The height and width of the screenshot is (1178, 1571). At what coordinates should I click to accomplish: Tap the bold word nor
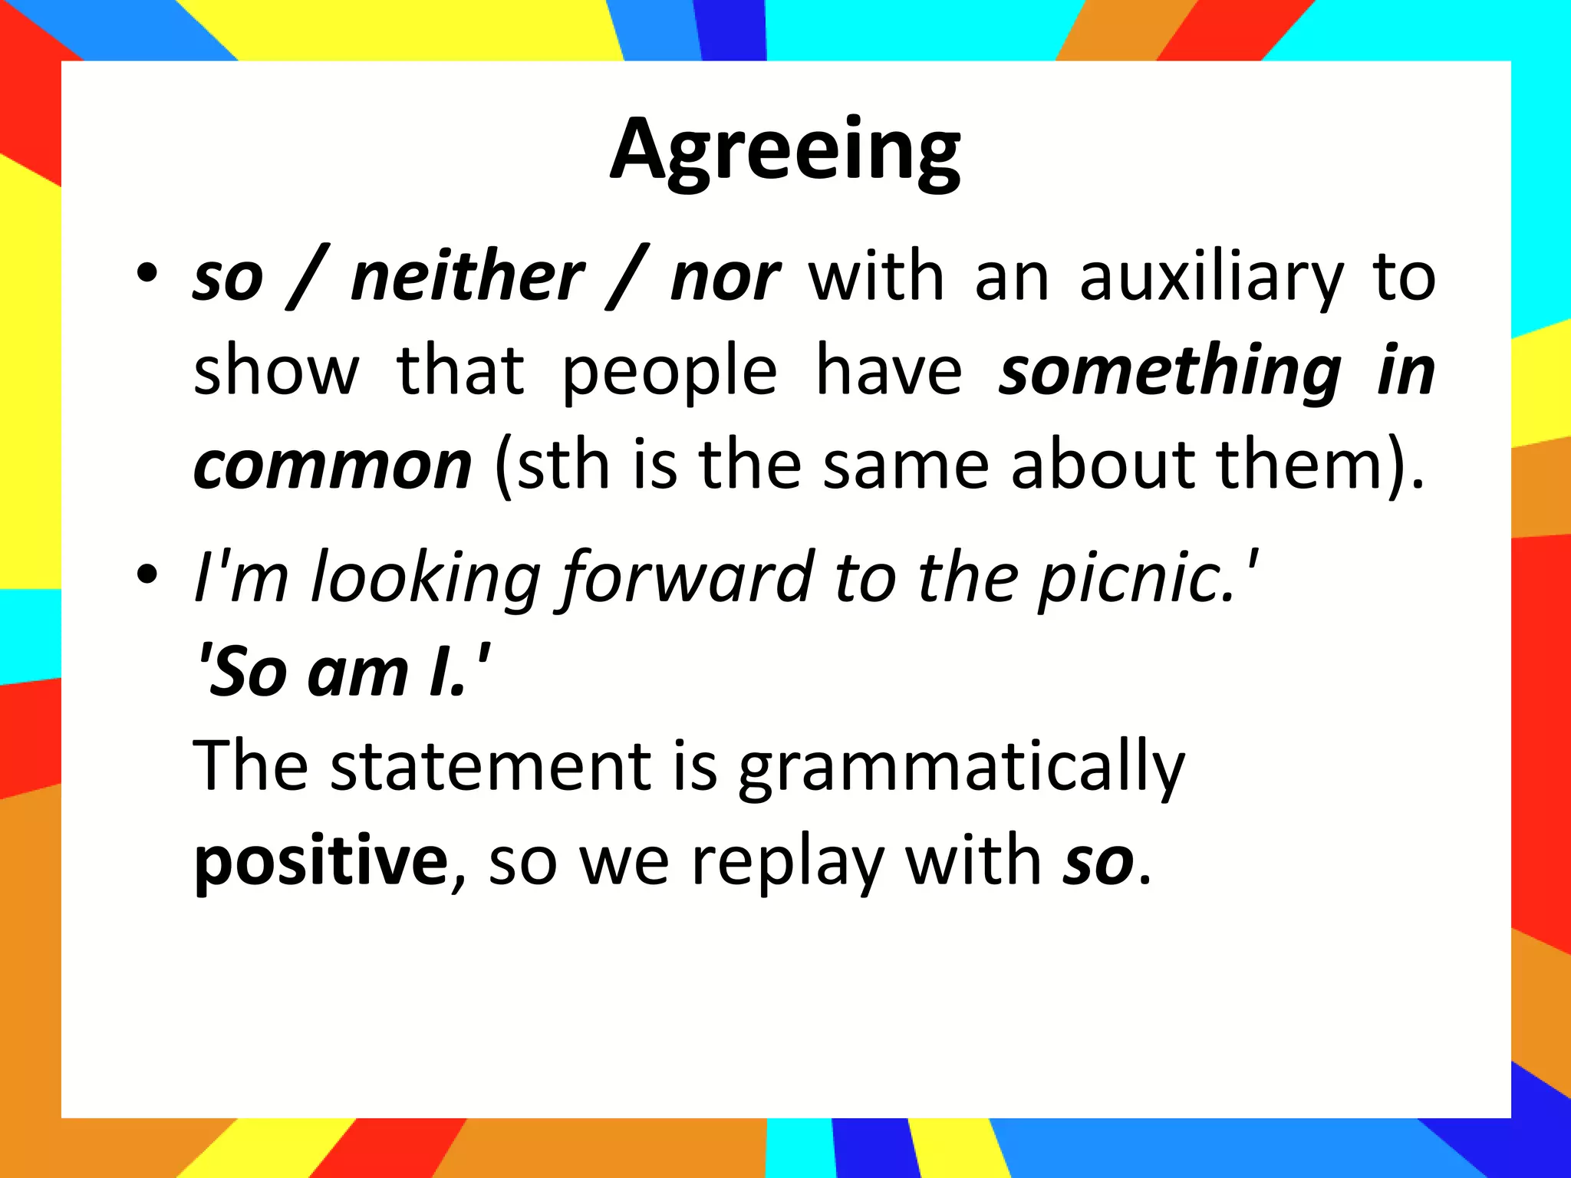click(725, 278)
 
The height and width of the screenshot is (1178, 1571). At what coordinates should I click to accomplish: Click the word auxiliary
click(1211, 278)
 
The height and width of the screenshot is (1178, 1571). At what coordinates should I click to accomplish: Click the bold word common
click(332, 466)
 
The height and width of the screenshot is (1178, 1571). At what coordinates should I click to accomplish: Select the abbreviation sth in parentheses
click(564, 466)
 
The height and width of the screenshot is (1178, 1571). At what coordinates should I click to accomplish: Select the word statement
click(492, 766)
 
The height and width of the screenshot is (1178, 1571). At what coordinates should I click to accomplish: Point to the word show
click(276, 371)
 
